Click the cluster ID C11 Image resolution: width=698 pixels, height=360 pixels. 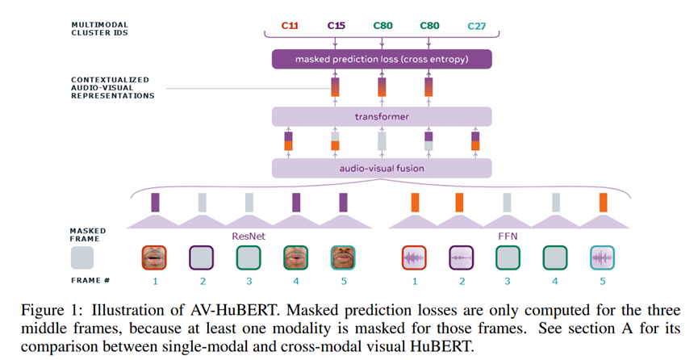click(290, 26)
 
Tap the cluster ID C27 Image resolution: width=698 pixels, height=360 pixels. click(474, 26)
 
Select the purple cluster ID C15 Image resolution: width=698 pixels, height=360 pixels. click(336, 26)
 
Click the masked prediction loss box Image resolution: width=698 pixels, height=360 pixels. click(382, 59)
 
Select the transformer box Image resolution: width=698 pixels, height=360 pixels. click(382, 116)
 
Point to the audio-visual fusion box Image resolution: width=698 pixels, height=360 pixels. click(382, 168)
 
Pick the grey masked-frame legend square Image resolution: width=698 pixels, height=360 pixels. click(82, 257)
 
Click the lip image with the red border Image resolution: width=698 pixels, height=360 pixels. click(156, 257)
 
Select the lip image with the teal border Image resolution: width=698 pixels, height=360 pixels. click(342, 257)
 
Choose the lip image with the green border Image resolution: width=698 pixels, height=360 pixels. click(295, 257)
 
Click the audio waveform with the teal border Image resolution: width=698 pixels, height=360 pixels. click(602, 257)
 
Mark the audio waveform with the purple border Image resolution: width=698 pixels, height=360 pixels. click(462, 257)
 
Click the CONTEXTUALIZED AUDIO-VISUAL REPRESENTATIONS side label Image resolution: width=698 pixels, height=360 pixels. click(112, 87)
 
